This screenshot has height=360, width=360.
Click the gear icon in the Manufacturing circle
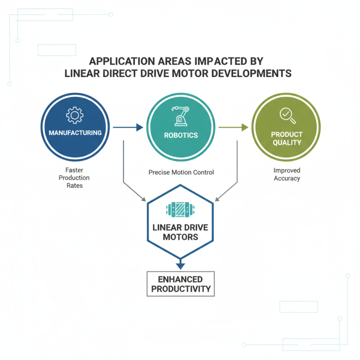[75, 115]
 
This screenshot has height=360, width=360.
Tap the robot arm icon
[181, 116]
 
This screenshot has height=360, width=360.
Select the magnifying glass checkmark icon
[288, 116]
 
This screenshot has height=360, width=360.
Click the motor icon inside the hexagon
[180, 209]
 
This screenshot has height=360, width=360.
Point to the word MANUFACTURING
[75, 133]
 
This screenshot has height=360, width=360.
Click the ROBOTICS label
[181, 135]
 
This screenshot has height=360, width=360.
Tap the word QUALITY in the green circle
[287, 143]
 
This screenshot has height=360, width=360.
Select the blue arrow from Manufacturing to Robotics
[128, 127]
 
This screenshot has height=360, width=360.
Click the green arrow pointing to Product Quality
[234, 127]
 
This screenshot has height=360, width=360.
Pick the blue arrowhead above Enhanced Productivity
[180, 266]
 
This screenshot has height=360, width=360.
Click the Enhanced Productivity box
[181, 284]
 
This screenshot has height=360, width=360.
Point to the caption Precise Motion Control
[181, 172]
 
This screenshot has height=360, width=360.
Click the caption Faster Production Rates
[74, 178]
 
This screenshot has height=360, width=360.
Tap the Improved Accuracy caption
[287, 174]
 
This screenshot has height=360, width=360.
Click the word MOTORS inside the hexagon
[180, 237]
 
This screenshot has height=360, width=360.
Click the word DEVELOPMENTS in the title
[252, 73]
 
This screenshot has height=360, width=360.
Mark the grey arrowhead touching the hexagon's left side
[144, 199]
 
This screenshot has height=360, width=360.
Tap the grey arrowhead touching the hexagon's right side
[217, 199]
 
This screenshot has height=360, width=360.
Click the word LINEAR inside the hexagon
[167, 227]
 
